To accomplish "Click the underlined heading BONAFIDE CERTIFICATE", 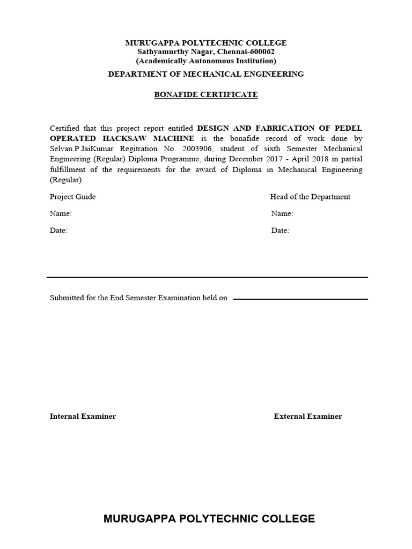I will [206, 95].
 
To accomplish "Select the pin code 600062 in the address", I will [262, 52].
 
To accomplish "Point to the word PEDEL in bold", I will [348, 128].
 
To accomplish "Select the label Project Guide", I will [72, 197].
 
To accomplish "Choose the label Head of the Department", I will [310, 197].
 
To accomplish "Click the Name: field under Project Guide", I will [61, 214].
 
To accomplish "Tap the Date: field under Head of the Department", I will [280, 231].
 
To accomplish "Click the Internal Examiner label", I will [83, 417].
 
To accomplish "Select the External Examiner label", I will [308, 417].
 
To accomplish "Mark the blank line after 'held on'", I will [300, 299].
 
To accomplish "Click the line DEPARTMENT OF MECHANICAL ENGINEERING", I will [206, 74].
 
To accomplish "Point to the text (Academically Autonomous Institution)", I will [206, 61].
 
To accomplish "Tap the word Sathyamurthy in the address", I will [161, 52].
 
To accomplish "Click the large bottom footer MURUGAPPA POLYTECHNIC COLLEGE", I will [209, 518].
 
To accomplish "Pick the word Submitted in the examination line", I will [67, 298].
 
